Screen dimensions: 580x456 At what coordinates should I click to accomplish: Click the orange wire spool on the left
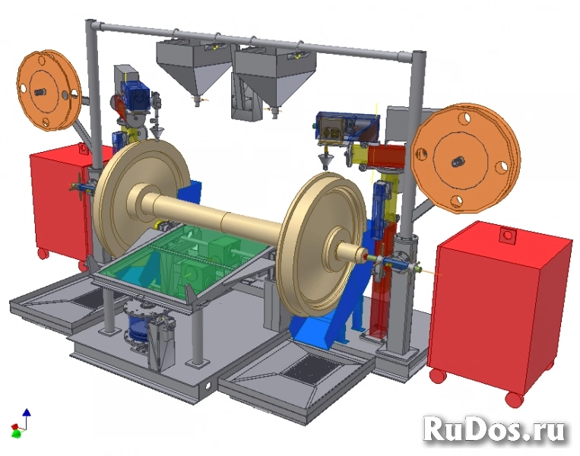pyautogui.click(x=49, y=90)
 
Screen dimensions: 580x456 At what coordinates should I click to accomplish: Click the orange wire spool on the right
pyautogui.click(x=465, y=159)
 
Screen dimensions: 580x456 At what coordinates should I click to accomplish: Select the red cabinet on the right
pyautogui.click(x=500, y=308)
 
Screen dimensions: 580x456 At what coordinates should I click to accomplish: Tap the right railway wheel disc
pyautogui.click(x=321, y=244)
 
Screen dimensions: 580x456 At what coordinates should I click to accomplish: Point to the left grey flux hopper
pyautogui.click(x=194, y=70)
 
